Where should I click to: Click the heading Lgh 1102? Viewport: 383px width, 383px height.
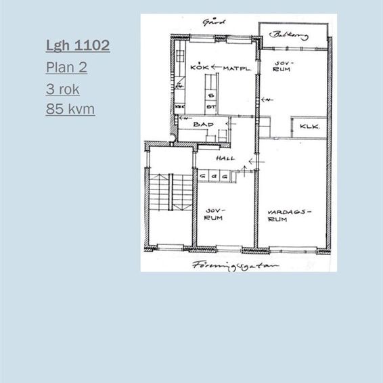(78, 46)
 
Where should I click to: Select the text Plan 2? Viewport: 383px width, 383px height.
(66, 68)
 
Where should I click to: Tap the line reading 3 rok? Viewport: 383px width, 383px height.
(63, 89)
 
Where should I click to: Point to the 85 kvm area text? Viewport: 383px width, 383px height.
(70, 109)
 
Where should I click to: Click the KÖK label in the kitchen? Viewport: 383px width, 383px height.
(199, 67)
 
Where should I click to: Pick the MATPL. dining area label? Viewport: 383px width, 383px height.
(237, 68)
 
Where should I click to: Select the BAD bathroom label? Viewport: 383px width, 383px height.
(203, 125)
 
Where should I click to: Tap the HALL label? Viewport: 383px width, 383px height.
(225, 158)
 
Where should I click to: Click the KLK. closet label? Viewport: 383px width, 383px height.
(309, 127)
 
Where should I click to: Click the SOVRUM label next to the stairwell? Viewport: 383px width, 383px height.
(215, 215)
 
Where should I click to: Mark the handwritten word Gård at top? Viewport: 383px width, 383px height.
(212, 22)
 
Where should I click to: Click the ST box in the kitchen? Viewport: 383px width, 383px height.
(210, 106)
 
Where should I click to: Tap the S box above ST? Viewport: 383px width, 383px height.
(210, 95)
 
